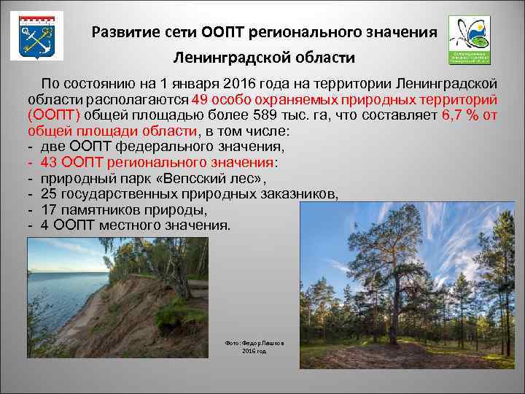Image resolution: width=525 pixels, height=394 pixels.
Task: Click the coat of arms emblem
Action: [x=35, y=35]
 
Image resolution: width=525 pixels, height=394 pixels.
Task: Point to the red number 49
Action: [x=201, y=98]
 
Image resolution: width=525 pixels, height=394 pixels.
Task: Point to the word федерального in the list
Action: [x=158, y=147]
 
